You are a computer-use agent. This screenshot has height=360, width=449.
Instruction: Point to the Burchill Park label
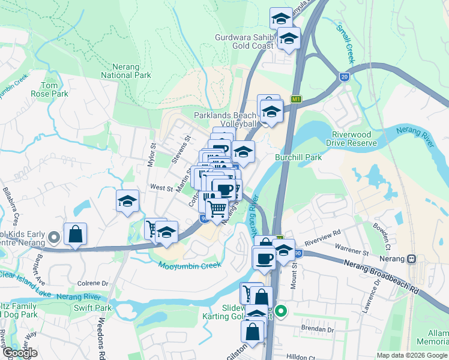click(x=298, y=157)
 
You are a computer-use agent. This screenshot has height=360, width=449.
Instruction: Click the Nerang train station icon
click(x=412, y=259)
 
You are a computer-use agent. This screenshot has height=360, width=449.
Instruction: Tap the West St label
click(x=161, y=188)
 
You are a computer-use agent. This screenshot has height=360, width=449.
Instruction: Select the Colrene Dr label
click(x=92, y=283)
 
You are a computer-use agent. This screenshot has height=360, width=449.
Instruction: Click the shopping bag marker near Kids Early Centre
click(x=75, y=235)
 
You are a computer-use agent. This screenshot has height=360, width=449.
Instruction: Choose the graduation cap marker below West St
click(x=127, y=202)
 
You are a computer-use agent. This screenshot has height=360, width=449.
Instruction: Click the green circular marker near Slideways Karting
click(x=280, y=311)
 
